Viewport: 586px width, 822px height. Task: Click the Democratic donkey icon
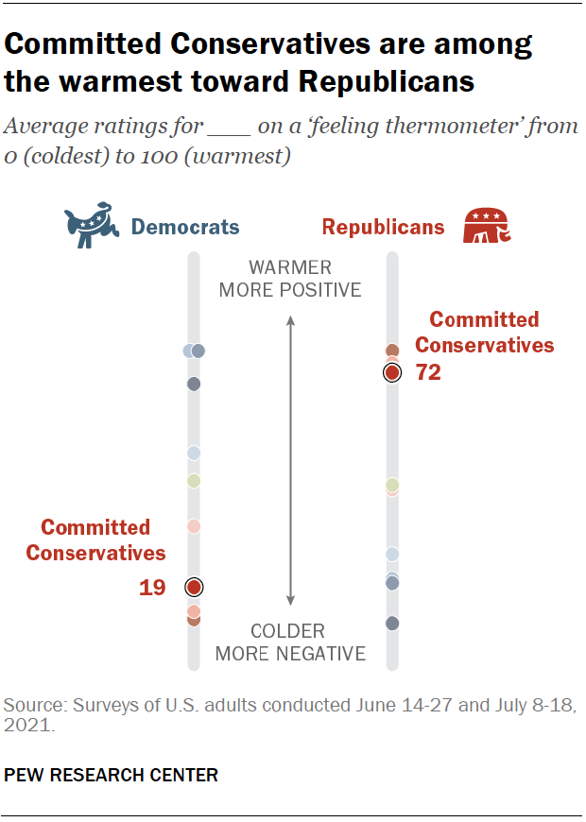tap(91, 228)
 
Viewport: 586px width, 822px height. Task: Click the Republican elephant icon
tap(487, 228)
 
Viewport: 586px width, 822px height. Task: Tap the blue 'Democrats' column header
tap(184, 228)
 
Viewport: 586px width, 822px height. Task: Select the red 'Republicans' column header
tap(383, 228)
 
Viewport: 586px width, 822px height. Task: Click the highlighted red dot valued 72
tap(392, 373)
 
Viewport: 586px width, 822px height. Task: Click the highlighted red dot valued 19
tap(194, 587)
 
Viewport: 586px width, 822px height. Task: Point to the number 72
tap(428, 373)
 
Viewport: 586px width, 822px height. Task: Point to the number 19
tap(152, 588)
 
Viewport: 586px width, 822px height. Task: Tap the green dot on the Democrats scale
tap(194, 481)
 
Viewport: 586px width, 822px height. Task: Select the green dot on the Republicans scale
tap(392, 485)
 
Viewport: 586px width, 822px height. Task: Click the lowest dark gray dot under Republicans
tap(392, 623)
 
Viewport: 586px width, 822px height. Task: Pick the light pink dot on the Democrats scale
tap(194, 526)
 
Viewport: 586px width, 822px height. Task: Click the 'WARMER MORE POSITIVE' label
tap(290, 279)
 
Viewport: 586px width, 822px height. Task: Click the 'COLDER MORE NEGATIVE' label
tap(290, 642)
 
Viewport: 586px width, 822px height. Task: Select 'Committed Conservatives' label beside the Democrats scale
tap(95, 540)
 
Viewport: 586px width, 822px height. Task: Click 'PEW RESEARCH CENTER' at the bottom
tap(112, 776)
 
